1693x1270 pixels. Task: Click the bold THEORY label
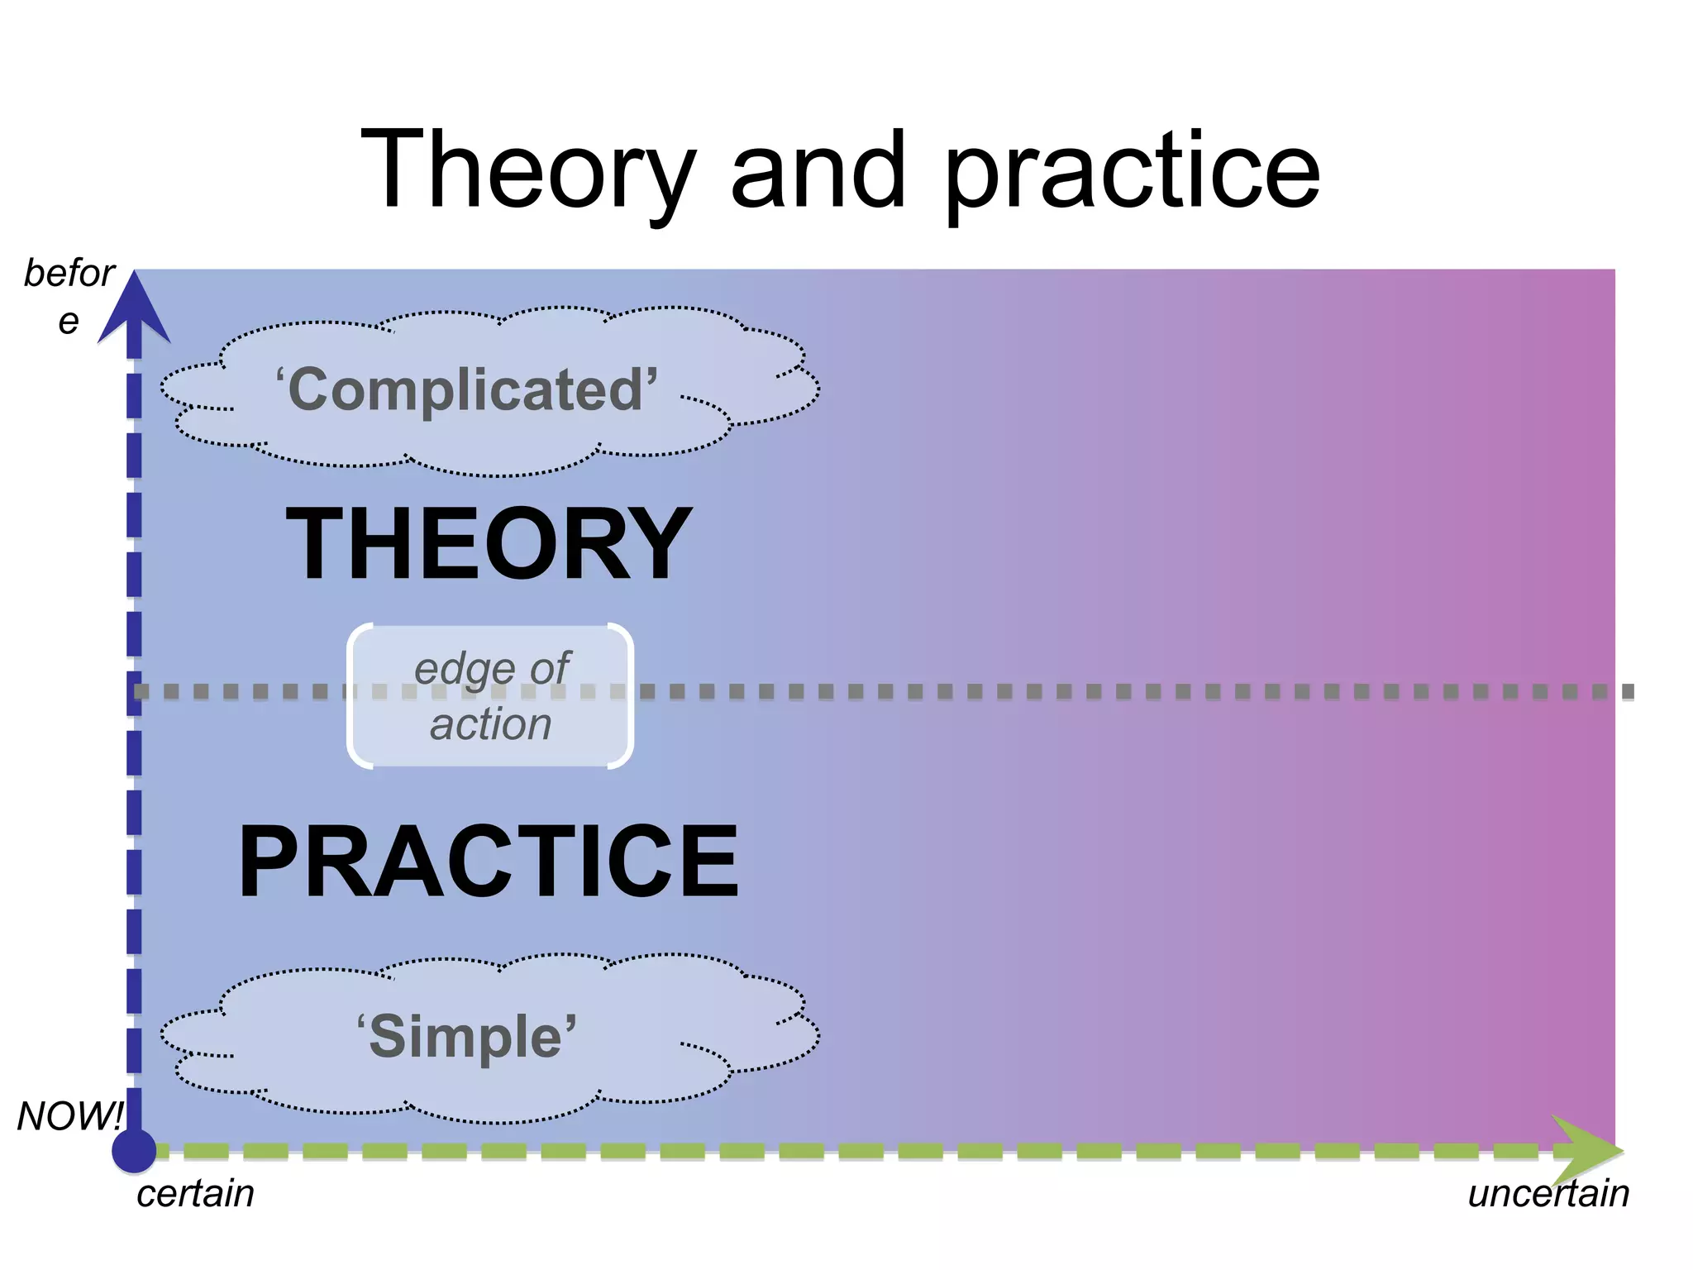tap(489, 543)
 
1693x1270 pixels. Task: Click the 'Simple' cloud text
tap(466, 1037)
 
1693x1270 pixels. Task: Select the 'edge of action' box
tap(490, 696)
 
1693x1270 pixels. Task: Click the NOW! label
tap(69, 1116)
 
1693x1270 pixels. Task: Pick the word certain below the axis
tap(195, 1194)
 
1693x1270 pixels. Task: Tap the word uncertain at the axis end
tap(1548, 1194)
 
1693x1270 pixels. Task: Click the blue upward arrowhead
tap(134, 310)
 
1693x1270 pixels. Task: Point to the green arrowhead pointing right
tap(1587, 1150)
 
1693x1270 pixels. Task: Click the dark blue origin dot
tap(134, 1150)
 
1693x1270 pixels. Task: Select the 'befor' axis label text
tap(69, 273)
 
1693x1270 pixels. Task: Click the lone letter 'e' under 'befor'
tap(69, 321)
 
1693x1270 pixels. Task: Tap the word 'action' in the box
tap(490, 724)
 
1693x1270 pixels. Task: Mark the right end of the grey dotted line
tap(1627, 691)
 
